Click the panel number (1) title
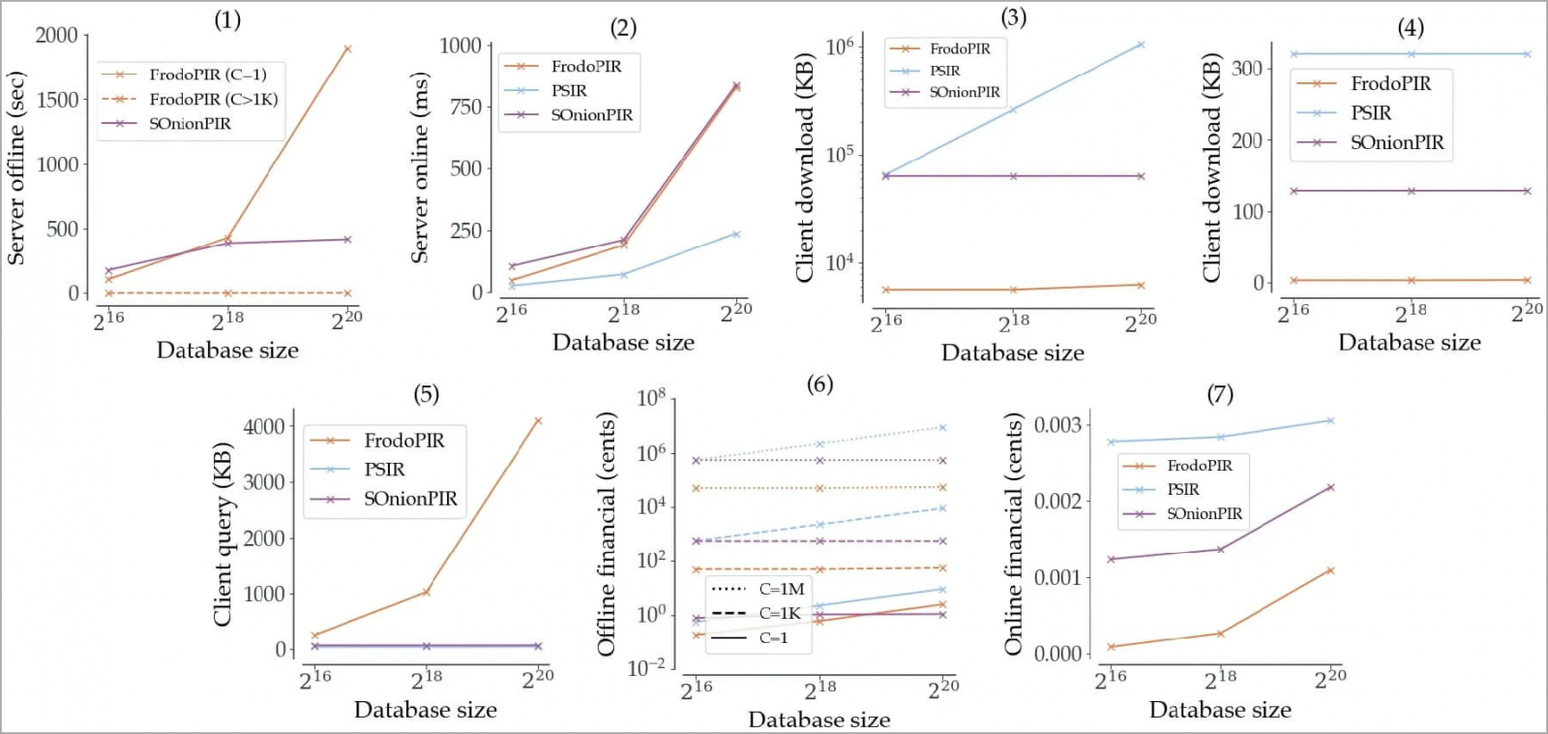click(x=227, y=19)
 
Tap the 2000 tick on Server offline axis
click(x=56, y=36)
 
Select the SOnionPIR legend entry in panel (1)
click(x=190, y=124)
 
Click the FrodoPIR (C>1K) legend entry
click(x=213, y=99)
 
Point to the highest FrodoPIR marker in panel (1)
click(x=347, y=48)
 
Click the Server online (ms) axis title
click(x=419, y=168)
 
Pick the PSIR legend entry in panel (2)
click(x=569, y=91)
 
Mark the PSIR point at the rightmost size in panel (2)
click(x=736, y=234)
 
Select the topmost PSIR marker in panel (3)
click(x=1141, y=45)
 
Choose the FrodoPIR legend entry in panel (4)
click(x=1390, y=84)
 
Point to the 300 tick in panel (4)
click(x=1246, y=69)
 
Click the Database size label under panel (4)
click(x=1409, y=343)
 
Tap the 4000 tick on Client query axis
click(x=263, y=426)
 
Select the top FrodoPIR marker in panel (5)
click(x=538, y=420)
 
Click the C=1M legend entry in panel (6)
click(x=781, y=589)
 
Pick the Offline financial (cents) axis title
click(x=607, y=535)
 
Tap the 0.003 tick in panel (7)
click(x=1057, y=425)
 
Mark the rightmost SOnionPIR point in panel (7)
click(x=1330, y=487)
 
